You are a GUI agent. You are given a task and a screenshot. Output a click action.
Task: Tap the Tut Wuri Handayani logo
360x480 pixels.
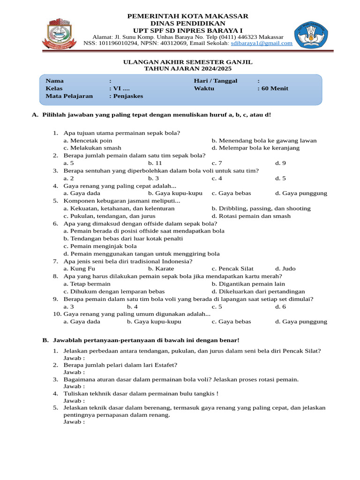point(311,34)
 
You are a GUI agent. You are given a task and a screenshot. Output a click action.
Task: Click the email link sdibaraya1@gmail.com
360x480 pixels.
point(265,43)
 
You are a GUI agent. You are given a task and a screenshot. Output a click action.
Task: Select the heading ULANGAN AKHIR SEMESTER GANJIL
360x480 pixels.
point(187,62)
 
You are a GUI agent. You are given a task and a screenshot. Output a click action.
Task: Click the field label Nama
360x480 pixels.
point(54,81)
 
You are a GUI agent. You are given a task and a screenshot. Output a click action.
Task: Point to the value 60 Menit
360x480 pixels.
point(275,89)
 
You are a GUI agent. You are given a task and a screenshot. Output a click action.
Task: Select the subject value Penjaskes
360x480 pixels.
point(128,96)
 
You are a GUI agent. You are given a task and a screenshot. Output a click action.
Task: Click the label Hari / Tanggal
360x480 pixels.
point(216,81)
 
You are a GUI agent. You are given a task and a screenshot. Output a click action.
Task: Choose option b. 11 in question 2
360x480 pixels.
point(155,163)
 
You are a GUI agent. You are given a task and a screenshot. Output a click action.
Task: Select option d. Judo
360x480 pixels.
point(285,269)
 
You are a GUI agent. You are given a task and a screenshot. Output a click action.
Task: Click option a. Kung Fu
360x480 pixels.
point(79,269)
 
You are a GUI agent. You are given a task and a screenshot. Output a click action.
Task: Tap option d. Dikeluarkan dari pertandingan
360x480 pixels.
point(258,291)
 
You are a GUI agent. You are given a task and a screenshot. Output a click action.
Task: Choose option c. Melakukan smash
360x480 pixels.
point(92,148)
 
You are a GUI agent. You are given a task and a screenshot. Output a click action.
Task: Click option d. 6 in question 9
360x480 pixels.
point(280,307)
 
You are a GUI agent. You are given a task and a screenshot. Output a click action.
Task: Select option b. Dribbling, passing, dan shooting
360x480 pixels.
point(261,208)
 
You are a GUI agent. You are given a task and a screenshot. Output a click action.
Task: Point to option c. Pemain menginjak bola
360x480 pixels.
point(100,246)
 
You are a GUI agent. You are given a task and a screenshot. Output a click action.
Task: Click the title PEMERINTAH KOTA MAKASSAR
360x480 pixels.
point(187,16)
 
